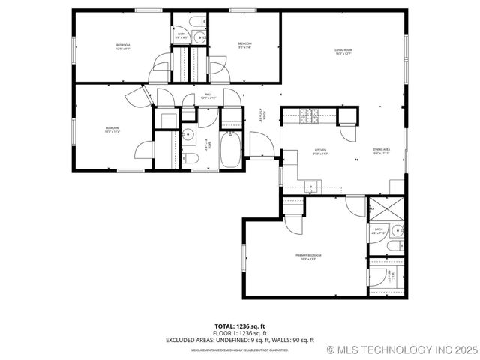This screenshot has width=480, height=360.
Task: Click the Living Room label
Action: point(344,52)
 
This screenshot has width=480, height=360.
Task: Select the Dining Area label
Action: point(381,152)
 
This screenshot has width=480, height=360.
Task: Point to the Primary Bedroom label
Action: point(309,257)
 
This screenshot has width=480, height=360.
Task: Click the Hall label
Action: point(208,97)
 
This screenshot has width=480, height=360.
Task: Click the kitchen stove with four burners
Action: point(308,115)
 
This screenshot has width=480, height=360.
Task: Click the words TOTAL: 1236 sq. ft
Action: point(240,326)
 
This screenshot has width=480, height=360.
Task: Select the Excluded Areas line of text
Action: point(240,340)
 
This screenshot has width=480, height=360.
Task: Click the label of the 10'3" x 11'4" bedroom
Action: point(112,130)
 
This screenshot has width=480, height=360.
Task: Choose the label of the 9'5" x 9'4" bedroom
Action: point(244,46)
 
